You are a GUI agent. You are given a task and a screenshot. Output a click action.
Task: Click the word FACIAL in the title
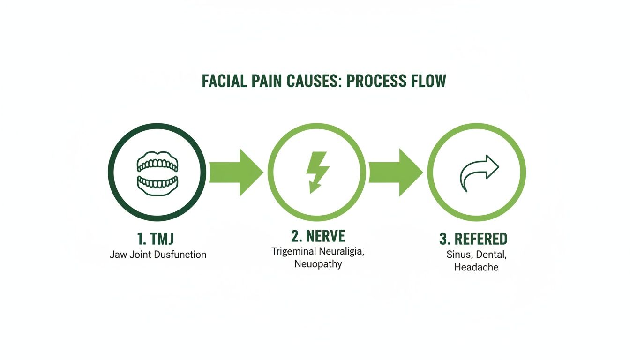pyautogui.click(x=225, y=81)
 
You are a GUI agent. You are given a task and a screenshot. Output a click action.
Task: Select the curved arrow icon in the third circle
pyautogui.click(x=477, y=172)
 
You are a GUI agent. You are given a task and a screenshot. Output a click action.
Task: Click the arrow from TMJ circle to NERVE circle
pyautogui.click(x=235, y=172)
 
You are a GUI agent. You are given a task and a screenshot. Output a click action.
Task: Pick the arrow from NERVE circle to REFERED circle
pyautogui.click(x=396, y=172)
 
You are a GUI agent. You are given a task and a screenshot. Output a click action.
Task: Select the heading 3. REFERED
pyautogui.click(x=473, y=239)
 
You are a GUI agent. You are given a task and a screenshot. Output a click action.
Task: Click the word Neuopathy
pyautogui.click(x=318, y=264)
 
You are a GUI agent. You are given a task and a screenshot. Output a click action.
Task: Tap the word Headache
pyautogui.click(x=476, y=267)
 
